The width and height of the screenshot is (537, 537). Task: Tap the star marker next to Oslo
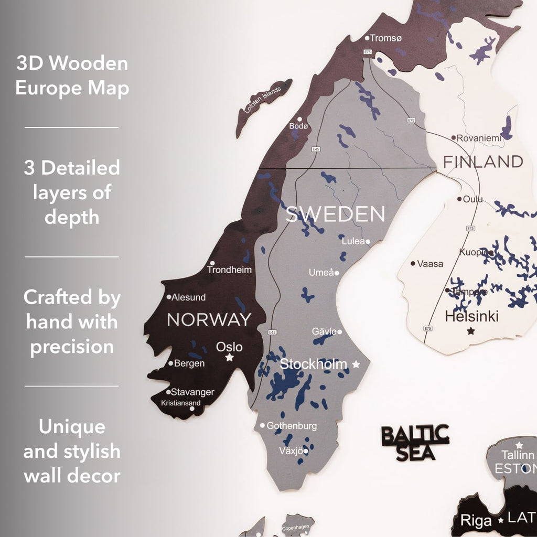click(x=229, y=358)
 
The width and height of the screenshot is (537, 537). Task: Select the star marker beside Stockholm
click(x=356, y=364)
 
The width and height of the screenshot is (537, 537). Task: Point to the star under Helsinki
click(x=471, y=331)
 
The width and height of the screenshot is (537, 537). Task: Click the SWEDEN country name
click(x=335, y=214)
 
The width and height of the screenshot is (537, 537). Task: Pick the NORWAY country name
click(x=209, y=319)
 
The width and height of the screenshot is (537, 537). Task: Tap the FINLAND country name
click(x=483, y=162)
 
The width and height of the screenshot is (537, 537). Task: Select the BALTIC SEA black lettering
click(x=415, y=443)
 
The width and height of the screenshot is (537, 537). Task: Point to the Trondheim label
click(x=229, y=270)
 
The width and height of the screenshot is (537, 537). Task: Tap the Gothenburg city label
click(x=292, y=426)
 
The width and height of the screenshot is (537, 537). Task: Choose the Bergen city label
click(x=189, y=363)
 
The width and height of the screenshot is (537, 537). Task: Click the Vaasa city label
click(x=430, y=264)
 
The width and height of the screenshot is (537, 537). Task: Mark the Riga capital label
click(x=476, y=520)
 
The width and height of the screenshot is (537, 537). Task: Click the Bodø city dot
click(x=300, y=120)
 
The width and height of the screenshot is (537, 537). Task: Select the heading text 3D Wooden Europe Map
click(x=72, y=76)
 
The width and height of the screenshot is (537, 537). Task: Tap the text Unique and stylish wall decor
click(x=72, y=451)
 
